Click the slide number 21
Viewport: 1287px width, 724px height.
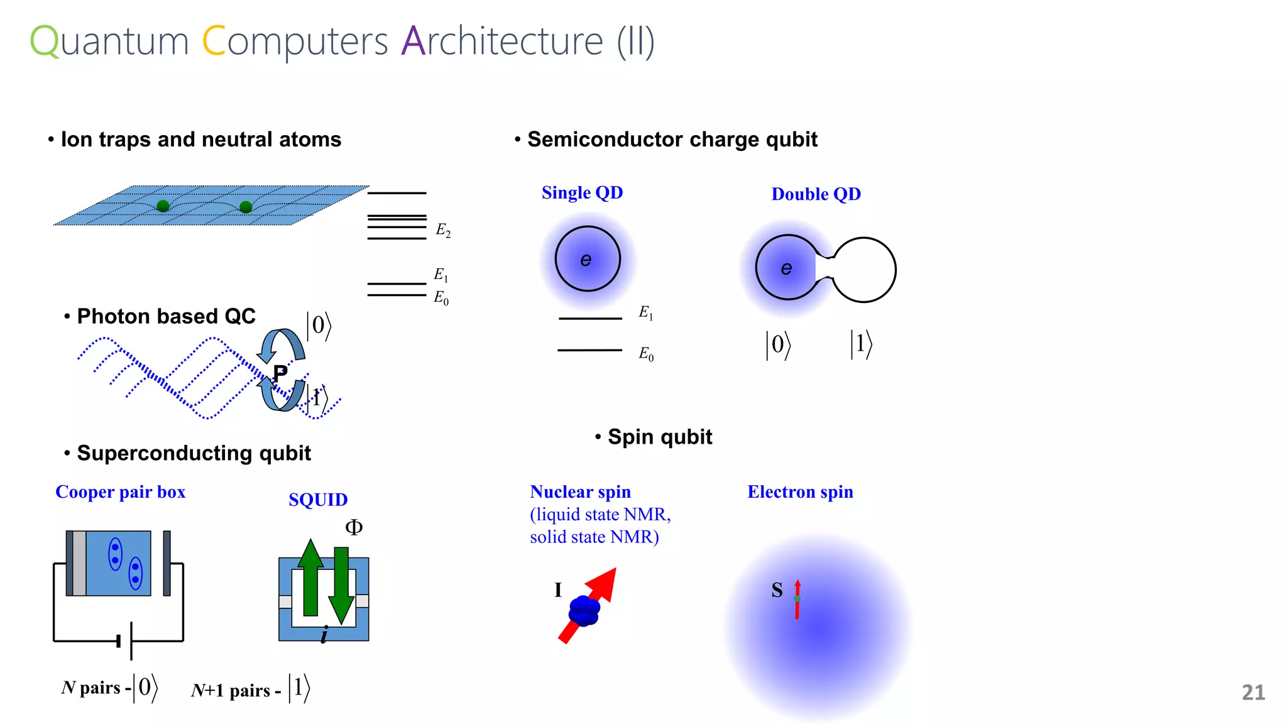coord(1253,692)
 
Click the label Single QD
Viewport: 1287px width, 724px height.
coord(582,192)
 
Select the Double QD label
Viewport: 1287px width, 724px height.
coord(816,194)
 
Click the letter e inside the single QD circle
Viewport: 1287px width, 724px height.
coord(586,260)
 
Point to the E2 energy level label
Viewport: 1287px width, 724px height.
coord(443,231)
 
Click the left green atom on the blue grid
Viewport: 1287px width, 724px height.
coord(163,206)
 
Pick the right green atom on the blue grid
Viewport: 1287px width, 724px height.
coord(246,207)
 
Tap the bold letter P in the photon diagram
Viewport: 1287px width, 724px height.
coord(280,372)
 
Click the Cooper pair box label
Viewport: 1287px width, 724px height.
coord(121,492)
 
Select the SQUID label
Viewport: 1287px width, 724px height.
coord(318,500)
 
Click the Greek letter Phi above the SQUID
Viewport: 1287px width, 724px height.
coord(354,527)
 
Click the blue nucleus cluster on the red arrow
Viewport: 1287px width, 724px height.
coord(584,610)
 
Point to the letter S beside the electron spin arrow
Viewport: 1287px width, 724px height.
coord(777,590)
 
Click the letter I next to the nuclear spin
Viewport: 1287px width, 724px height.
coord(557,590)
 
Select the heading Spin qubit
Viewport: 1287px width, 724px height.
coord(660,437)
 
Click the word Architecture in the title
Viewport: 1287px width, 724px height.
coord(501,41)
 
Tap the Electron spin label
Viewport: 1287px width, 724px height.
coord(800,492)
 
